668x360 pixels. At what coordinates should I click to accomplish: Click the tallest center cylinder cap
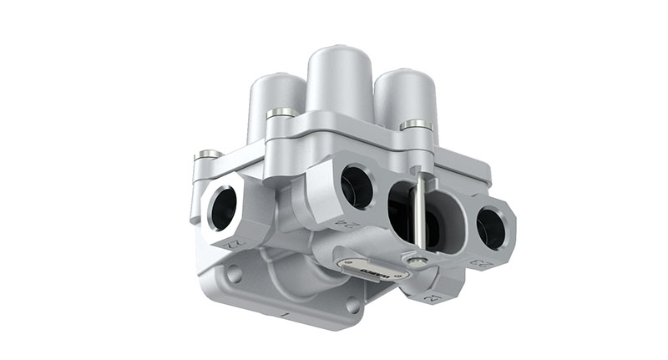tap(341, 79)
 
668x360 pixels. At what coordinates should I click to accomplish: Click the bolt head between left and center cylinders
tap(281, 112)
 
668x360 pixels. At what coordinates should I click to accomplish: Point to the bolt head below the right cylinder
tap(416, 125)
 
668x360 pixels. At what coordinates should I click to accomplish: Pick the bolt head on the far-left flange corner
tap(208, 155)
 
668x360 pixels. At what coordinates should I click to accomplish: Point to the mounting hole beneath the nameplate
tap(355, 305)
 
